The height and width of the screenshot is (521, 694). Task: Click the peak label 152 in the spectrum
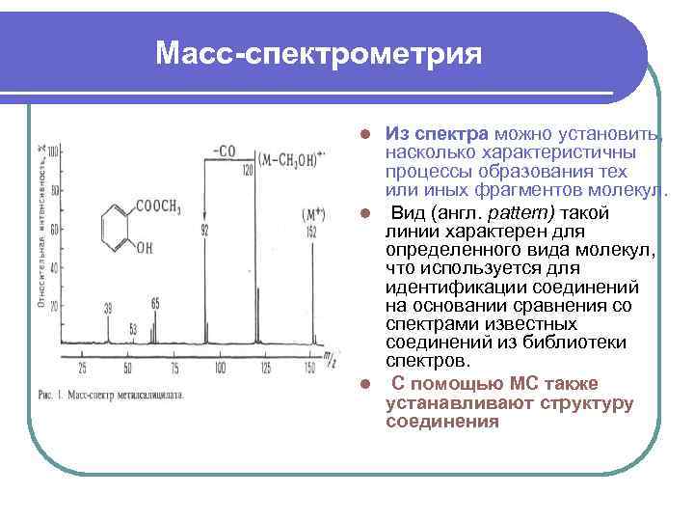(310, 232)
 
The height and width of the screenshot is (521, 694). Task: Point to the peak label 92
(204, 230)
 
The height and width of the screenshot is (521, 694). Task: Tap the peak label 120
(247, 170)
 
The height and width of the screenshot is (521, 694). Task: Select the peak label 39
(108, 308)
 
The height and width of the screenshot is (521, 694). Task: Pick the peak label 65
(155, 303)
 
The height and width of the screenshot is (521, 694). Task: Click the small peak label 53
(133, 328)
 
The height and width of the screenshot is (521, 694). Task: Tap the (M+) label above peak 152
(312, 213)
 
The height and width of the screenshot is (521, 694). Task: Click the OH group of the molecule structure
(144, 248)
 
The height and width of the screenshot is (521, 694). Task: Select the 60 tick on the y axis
(54, 229)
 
